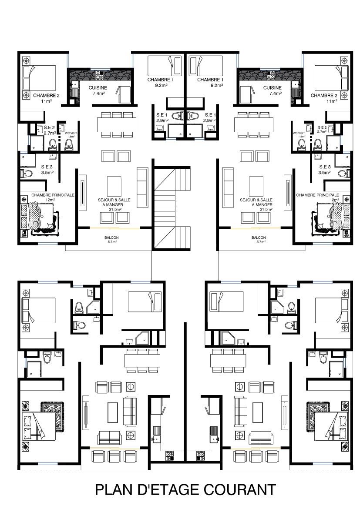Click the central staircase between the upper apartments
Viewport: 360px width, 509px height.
[x=172, y=208]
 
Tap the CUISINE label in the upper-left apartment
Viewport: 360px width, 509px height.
[x=98, y=87]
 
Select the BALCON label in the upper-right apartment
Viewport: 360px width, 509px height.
[x=259, y=238]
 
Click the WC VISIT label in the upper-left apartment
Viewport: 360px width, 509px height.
[x=71, y=133]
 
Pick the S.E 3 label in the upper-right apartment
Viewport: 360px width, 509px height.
[x=325, y=167]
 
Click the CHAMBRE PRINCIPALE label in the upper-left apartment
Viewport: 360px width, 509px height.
[x=53, y=195]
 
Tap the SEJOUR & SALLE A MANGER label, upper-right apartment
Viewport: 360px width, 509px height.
[x=256, y=202]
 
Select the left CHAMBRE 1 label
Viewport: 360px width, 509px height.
[x=158, y=80]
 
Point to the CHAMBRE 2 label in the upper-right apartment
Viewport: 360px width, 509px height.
[x=323, y=95]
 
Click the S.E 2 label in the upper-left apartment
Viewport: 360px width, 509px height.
[x=49, y=128]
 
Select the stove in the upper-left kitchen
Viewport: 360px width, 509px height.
[x=99, y=76]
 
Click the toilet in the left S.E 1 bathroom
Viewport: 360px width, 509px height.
[x=176, y=116]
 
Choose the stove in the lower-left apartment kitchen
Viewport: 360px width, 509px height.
[x=170, y=456]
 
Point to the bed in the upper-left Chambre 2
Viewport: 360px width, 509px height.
[x=39, y=79]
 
